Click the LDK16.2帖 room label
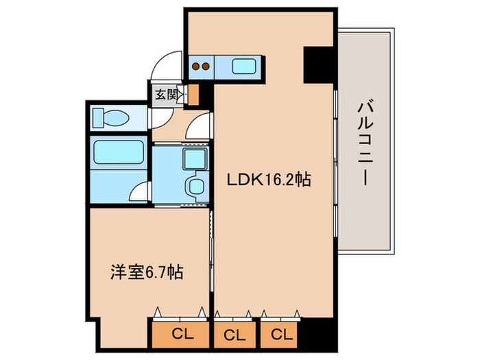(269, 180)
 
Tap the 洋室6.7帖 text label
(146, 272)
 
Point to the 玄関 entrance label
(165, 95)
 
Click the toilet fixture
(110, 118)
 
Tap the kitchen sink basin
(245, 67)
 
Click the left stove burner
(195, 67)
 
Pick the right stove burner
(205, 67)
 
